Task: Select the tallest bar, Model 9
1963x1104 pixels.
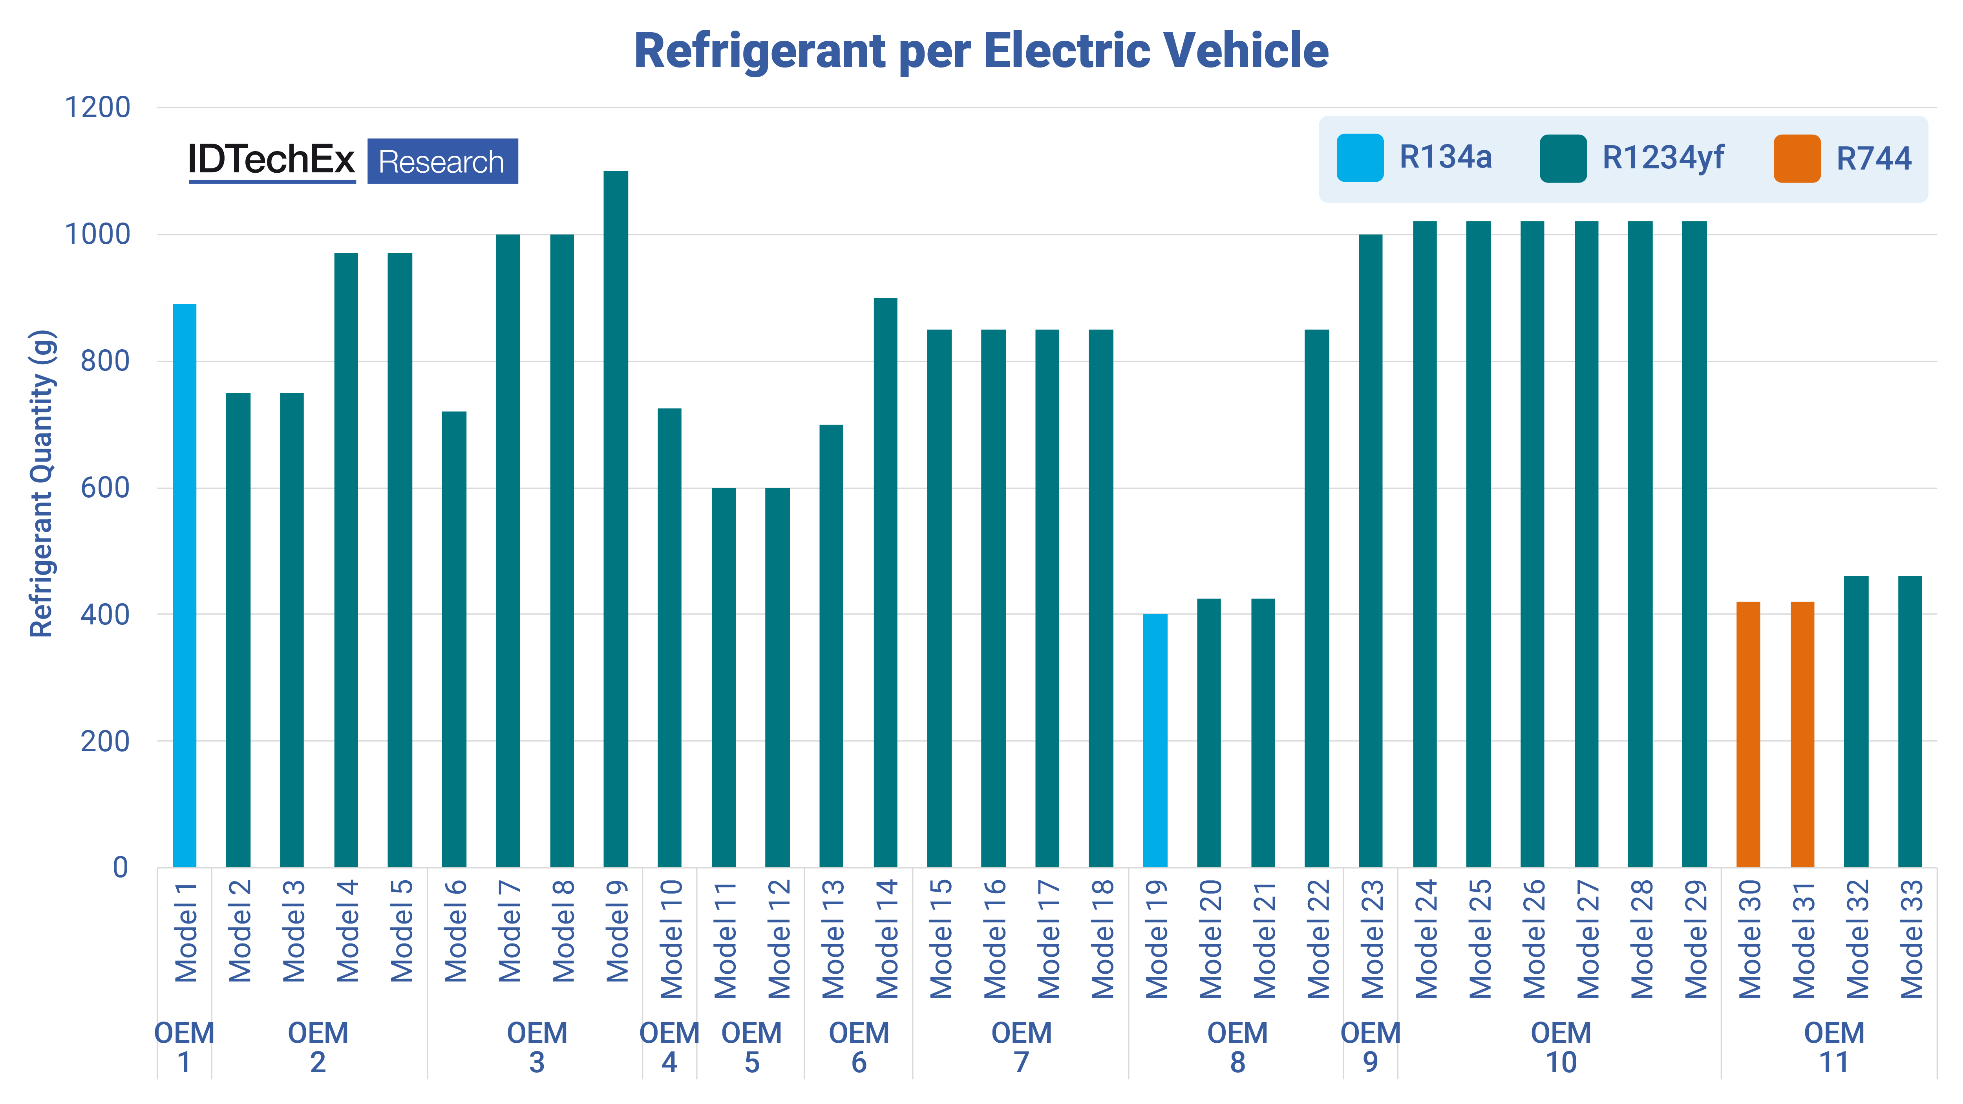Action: click(x=616, y=518)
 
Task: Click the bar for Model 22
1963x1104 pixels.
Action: click(x=1317, y=598)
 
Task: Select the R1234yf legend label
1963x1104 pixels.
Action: click(x=1663, y=158)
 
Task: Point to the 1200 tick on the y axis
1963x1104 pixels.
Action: click(x=97, y=108)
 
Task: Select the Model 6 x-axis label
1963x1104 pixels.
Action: click(x=455, y=931)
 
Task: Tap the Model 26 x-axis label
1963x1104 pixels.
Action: click(x=1533, y=939)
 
